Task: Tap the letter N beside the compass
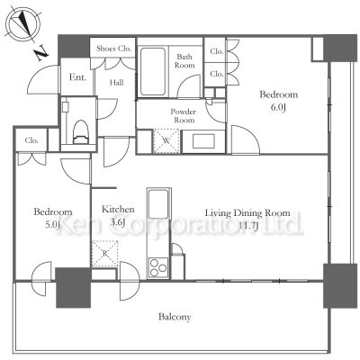41,53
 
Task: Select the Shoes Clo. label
114,49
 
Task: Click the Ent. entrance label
77,77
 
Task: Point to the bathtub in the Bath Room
153,71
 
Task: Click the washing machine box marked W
166,141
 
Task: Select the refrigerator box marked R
104,254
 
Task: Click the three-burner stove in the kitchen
157,267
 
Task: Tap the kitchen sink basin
158,203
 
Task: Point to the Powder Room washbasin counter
203,141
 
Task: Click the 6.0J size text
278,108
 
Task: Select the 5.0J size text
53,225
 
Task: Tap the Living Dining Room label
247,213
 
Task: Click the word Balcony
175,317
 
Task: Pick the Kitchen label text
118,209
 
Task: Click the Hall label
116,82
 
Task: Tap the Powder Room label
183,116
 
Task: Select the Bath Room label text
184,61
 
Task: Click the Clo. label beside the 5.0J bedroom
31,140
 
